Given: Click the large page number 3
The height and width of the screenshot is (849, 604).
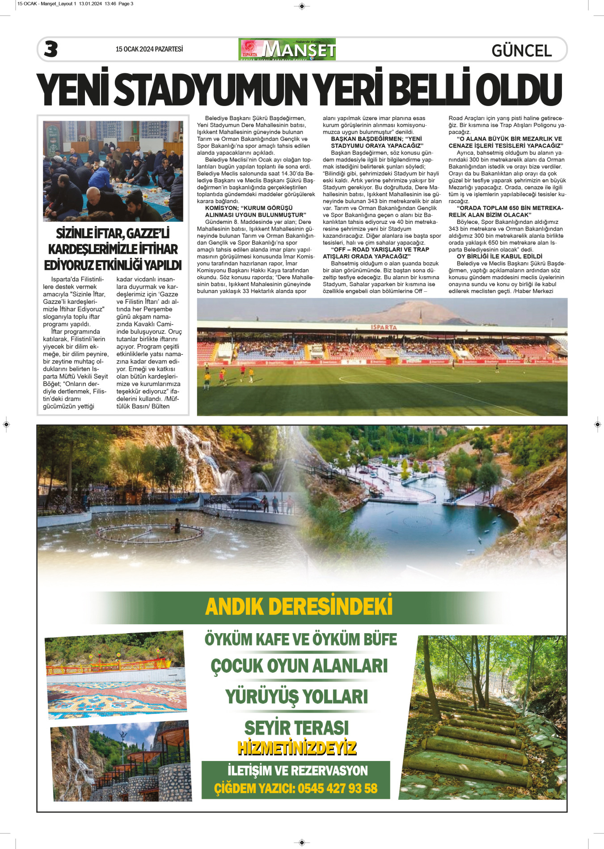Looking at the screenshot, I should coord(51,49).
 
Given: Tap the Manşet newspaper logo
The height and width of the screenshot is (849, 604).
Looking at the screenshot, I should coord(287,49).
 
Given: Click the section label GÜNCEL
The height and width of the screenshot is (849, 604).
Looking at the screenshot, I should coord(521,50).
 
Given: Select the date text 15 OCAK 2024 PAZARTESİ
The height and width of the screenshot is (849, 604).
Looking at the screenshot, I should coord(149,49).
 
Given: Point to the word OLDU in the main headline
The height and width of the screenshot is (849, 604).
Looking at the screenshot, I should coord(519,89).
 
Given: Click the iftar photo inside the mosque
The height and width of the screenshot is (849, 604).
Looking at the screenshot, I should coord(113,171).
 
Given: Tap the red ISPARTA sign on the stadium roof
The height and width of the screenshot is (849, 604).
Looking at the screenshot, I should coord(383,327).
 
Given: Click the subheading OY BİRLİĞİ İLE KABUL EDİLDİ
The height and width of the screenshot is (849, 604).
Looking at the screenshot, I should coord(499,256).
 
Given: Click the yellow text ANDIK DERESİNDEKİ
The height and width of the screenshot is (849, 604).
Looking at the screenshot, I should coord(299,607).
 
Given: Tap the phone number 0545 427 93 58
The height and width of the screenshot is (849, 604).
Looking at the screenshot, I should coord(338,788).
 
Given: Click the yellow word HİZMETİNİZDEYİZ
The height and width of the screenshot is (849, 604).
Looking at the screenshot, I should coord(297,748).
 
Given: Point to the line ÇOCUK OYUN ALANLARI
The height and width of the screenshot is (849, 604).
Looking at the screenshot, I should coord(299,666).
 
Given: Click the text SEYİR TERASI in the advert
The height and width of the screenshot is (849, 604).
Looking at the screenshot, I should coord(296,727).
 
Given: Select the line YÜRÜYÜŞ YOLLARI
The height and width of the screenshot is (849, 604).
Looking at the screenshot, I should coord(296,697).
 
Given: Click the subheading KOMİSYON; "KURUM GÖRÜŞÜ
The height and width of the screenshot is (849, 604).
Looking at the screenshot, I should coord(249,208).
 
